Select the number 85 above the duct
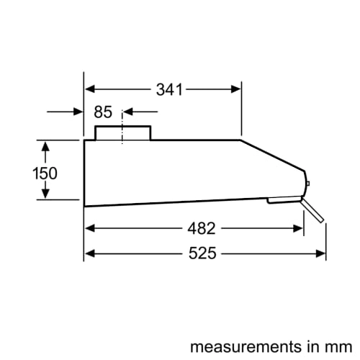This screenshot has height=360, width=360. [x=103, y=112]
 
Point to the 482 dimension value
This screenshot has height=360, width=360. [x=201, y=228]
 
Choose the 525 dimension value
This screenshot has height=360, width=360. [x=202, y=253]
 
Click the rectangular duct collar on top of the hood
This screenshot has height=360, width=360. [x=123, y=133]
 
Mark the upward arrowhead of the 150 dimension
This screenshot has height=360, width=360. [x=45, y=148]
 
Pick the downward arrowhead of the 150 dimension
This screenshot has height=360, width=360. [x=45, y=192]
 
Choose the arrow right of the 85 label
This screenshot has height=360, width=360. [x=130, y=112]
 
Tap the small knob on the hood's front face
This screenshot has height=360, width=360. [x=308, y=184]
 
